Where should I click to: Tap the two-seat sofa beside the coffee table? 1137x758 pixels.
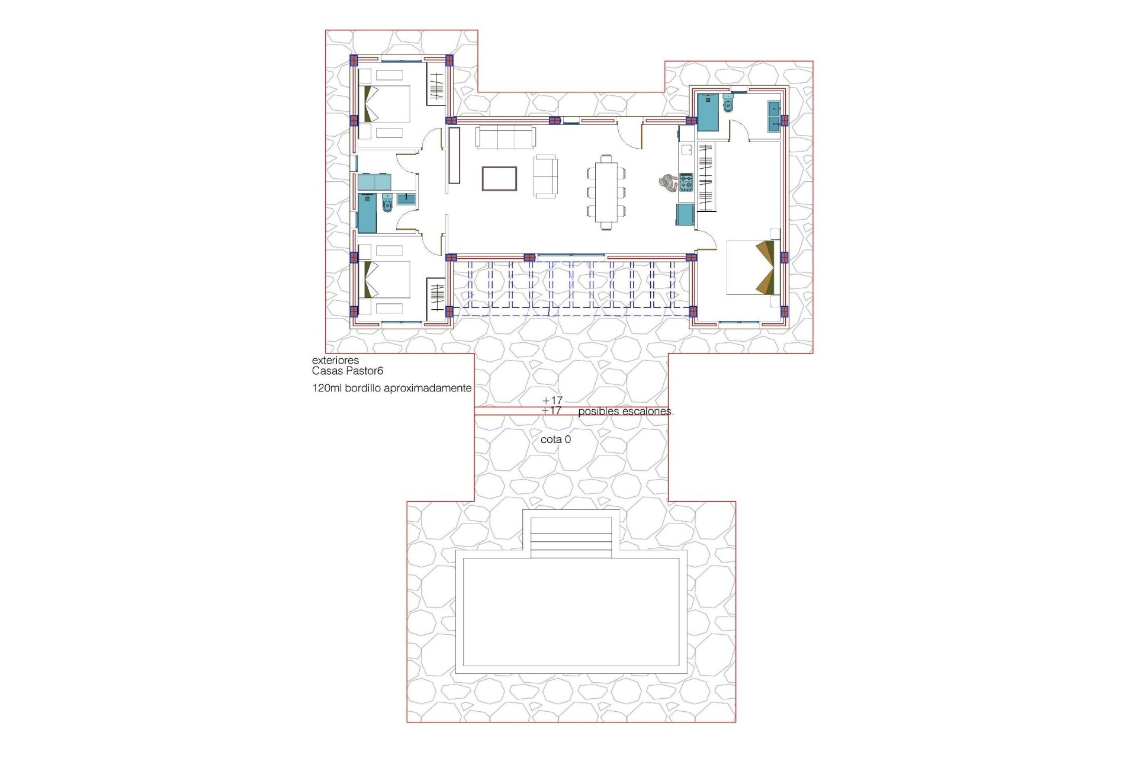(x=545, y=176)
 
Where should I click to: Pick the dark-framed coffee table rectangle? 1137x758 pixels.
(x=499, y=179)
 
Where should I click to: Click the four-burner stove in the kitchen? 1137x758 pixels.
(x=686, y=182)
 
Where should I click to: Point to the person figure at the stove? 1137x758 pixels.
(x=667, y=182)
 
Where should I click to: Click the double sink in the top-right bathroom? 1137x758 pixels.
(x=773, y=116)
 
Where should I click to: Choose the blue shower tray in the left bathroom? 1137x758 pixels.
(x=367, y=213)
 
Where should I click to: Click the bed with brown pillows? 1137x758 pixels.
(x=750, y=267)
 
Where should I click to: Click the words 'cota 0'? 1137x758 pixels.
(x=555, y=440)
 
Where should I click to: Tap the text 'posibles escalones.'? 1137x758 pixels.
(x=625, y=411)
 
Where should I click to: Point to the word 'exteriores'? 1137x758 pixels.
(x=335, y=360)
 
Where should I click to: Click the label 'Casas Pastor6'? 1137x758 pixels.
(x=348, y=371)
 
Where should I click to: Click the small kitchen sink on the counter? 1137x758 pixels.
(x=686, y=149)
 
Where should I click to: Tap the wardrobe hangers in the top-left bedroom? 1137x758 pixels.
(x=436, y=86)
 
